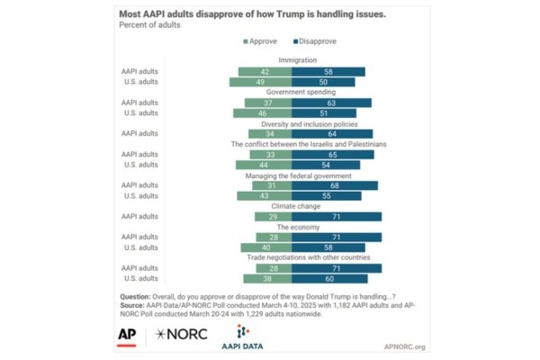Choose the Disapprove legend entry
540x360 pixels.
[316, 41]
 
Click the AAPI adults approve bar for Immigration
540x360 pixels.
[264, 71]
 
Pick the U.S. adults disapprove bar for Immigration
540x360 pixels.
[325, 82]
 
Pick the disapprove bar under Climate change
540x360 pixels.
[336, 217]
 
